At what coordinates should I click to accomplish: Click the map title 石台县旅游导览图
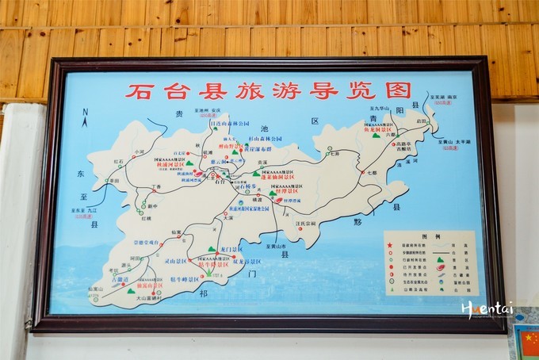[269, 90]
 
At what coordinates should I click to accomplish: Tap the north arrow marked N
[85, 118]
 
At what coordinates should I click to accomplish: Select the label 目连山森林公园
[229, 124]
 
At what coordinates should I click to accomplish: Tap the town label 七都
[373, 172]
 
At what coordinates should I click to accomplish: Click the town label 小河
[140, 151]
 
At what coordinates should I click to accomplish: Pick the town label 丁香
[155, 187]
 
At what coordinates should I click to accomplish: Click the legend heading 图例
[430, 236]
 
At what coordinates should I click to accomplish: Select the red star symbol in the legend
[391, 246]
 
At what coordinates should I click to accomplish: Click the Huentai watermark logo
[488, 308]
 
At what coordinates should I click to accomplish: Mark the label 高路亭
[405, 144]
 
